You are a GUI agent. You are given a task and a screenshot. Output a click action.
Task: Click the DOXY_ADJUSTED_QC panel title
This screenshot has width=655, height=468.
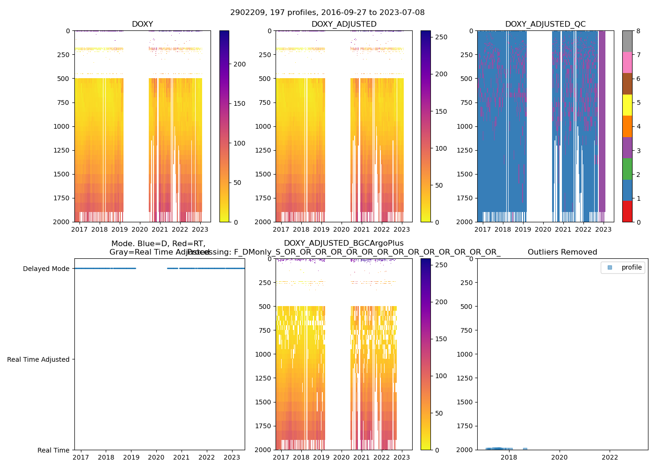pyautogui.click(x=545, y=24)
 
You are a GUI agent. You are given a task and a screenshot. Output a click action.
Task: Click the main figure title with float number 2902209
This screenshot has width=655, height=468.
pyautogui.click(x=327, y=13)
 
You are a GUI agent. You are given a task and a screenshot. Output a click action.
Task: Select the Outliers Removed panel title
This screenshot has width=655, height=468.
pyautogui.click(x=562, y=252)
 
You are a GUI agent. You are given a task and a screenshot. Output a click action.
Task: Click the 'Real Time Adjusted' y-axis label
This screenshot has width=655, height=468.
pyautogui.click(x=38, y=359)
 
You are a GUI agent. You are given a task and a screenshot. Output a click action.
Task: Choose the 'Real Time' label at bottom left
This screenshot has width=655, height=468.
pyautogui.click(x=53, y=450)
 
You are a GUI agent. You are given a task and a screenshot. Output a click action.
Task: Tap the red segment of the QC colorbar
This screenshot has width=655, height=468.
pyautogui.click(x=627, y=212)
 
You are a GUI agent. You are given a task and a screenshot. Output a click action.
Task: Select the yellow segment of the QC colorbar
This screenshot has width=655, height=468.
pyautogui.click(x=627, y=105)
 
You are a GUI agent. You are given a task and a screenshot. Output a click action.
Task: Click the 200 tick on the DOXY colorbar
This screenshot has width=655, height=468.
pyautogui.click(x=240, y=64)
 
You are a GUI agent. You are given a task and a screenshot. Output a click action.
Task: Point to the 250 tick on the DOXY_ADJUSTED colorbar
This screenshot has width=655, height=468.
pyautogui.click(x=441, y=37)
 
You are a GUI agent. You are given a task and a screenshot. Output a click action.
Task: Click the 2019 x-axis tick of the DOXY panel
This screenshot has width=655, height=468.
pyautogui.click(x=120, y=229)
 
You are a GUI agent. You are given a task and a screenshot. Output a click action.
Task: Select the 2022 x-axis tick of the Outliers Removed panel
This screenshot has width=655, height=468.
pyautogui.click(x=610, y=457)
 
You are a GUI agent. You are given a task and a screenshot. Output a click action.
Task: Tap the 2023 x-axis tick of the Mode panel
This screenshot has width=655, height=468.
pyautogui.click(x=232, y=457)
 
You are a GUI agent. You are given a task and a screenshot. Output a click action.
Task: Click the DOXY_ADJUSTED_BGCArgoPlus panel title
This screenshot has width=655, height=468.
pyautogui.click(x=343, y=243)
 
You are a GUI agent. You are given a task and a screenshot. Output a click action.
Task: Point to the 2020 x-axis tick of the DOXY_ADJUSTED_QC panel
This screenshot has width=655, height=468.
pyautogui.click(x=543, y=229)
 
